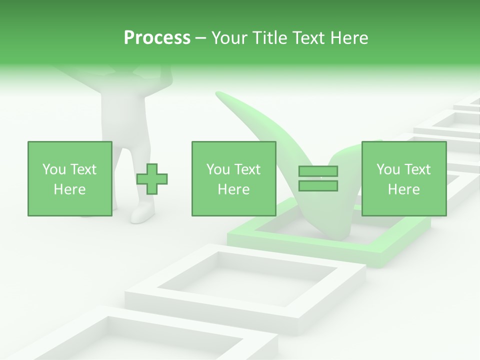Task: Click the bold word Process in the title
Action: click(x=157, y=38)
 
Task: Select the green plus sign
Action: click(x=152, y=178)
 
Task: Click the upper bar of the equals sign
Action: click(x=318, y=171)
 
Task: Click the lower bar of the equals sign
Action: click(x=318, y=186)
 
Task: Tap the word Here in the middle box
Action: click(x=233, y=189)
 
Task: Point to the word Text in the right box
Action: click(x=417, y=169)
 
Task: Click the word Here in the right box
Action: click(x=403, y=189)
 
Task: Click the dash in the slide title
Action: click(x=200, y=38)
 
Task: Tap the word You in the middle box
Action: click(x=218, y=169)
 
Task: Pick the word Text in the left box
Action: click(x=83, y=169)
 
